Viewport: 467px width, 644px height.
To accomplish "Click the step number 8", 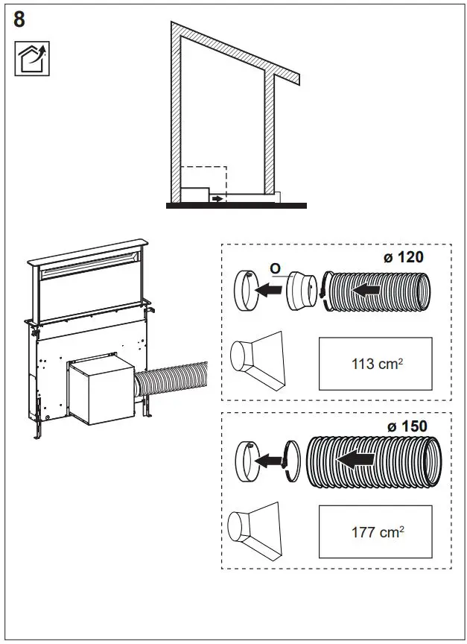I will (x=19, y=19).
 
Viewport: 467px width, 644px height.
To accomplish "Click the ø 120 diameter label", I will (x=403, y=258).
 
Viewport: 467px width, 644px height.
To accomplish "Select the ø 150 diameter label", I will (x=407, y=426).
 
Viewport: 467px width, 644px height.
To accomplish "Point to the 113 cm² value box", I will (x=375, y=364).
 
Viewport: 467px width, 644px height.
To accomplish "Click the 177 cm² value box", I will (x=375, y=531).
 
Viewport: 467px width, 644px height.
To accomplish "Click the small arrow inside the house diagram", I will (x=217, y=199).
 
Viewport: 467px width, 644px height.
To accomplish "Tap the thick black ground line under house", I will (x=236, y=205).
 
